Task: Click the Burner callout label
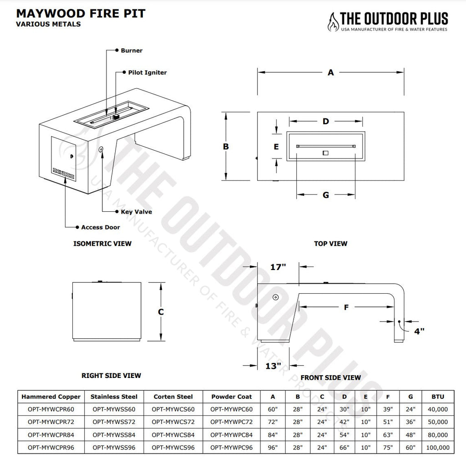[x=132, y=51]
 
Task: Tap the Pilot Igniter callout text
[x=147, y=72]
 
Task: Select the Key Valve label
[x=137, y=212]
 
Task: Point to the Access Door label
[x=101, y=227]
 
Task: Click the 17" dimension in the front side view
[x=278, y=267]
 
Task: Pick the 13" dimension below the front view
[x=273, y=366]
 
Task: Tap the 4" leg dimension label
[x=419, y=331]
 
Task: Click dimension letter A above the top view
[x=331, y=72]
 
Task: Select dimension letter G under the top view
[x=326, y=195]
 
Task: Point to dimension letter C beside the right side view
[x=161, y=312]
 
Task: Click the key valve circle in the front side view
[x=275, y=297]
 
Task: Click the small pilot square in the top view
[x=325, y=153]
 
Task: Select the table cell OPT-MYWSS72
[x=114, y=422]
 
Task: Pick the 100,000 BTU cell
[x=438, y=448]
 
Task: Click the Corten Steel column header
[x=173, y=397]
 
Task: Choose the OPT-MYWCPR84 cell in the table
[x=51, y=434]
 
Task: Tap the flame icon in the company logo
[x=333, y=22]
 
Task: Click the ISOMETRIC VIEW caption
[x=102, y=244]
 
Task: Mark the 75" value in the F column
[x=388, y=448]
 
